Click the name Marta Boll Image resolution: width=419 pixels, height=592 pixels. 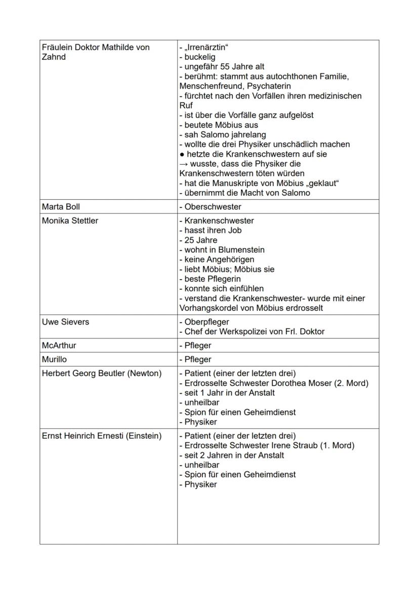click(61, 207)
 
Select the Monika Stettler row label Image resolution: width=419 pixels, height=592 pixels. click(70, 221)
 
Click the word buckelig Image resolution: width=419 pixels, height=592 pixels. click(199, 57)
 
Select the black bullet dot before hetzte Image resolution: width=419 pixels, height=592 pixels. click(182, 154)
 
